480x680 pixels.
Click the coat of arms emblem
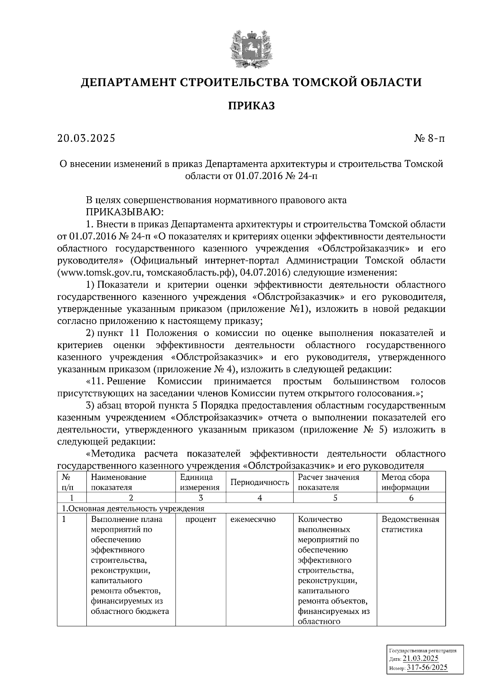251,48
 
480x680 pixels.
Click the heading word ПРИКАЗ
251,106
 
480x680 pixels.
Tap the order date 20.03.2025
86,138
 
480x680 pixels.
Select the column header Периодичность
260,482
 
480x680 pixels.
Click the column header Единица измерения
200,482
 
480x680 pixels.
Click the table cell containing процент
200,519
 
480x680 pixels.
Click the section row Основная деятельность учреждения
132,509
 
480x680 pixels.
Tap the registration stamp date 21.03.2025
420,658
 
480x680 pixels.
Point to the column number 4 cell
260,498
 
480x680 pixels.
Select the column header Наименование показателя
118,482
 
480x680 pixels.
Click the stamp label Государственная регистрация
422,650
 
